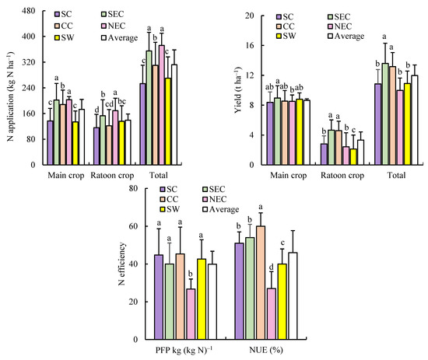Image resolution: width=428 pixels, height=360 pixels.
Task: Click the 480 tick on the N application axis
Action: [x=26, y=11]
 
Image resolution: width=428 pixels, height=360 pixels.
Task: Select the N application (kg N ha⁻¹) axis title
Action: [x=8, y=87]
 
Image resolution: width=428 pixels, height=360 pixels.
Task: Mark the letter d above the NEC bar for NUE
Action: [x=271, y=269]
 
